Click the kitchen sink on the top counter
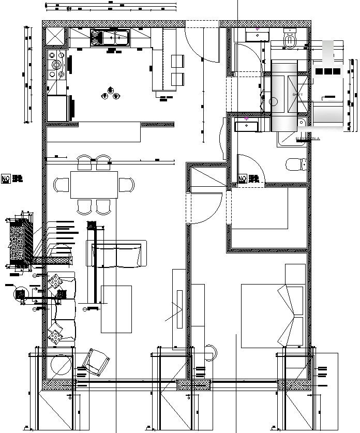(x=110, y=38)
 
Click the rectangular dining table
(x=94, y=184)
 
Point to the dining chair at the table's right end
(x=127, y=185)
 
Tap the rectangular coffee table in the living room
(x=116, y=309)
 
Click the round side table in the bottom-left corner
(x=60, y=366)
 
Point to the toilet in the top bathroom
(x=290, y=40)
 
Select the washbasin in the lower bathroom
(x=246, y=124)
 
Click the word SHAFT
(x=297, y=95)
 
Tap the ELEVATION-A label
(x=308, y=139)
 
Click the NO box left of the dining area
(x=7, y=179)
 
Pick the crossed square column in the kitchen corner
(x=54, y=37)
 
